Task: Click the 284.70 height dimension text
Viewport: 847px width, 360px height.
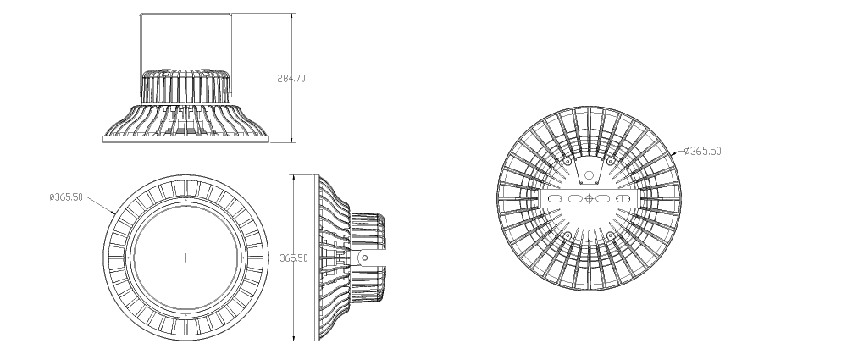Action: [x=291, y=79]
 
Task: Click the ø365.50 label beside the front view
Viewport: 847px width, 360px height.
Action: [x=66, y=197]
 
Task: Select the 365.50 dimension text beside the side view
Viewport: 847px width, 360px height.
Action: [x=293, y=258]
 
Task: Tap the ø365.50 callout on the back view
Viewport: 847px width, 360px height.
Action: [x=702, y=151]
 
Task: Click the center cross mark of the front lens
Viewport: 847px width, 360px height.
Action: [x=185, y=258]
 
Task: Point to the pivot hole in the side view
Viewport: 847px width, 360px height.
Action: [x=364, y=258]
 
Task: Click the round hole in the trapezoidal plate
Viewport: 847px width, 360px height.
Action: [x=590, y=175]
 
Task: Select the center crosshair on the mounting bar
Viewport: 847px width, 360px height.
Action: [x=590, y=198]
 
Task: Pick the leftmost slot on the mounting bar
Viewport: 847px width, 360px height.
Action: [x=556, y=198]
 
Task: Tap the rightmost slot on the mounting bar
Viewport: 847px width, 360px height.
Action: [x=623, y=198]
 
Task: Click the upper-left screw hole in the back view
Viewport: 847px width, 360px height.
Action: [x=567, y=162]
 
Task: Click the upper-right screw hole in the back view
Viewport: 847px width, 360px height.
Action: [x=611, y=162]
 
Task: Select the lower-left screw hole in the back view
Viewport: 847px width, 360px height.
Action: [x=567, y=235]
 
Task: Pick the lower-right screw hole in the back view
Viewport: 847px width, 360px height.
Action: [x=611, y=235]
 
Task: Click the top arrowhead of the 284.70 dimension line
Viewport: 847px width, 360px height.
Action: [x=292, y=16]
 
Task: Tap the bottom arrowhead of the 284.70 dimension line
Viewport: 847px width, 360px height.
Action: [x=292, y=140]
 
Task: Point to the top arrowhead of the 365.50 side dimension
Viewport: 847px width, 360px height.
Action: [x=293, y=178]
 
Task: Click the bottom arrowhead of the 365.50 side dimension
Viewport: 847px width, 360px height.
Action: [x=293, y=337]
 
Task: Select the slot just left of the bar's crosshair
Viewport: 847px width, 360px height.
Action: [x=575, y=198]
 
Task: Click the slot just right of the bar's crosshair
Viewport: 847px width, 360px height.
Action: [x=603, y=198]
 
